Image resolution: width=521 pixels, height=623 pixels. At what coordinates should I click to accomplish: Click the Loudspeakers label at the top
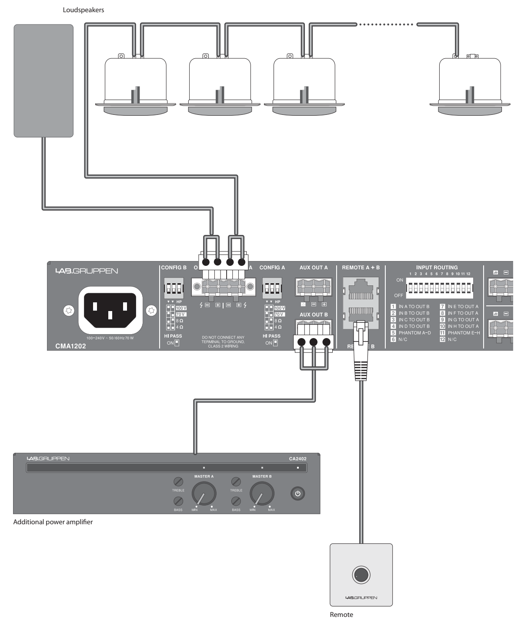(x=83, y=10)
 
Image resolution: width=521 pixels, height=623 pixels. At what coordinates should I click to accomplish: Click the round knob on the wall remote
(x=361, y=575)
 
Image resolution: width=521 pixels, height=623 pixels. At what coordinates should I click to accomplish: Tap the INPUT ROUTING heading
(x=437, y=268)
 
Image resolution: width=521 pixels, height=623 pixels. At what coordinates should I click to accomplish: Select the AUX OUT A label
(x=314, y=268)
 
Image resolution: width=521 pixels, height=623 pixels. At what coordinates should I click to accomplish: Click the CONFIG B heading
(x=174, y=268)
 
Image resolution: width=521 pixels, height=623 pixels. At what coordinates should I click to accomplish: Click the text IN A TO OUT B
(x=414, y=307)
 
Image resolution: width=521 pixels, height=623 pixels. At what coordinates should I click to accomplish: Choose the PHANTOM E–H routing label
(x=464, y=333)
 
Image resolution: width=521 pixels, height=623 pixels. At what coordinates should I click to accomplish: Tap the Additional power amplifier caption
(x=53, y=522)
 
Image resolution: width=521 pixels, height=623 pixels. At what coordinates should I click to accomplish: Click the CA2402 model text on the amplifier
(x=297, y=458)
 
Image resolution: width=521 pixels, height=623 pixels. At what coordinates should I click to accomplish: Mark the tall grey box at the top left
(x=43, y=81)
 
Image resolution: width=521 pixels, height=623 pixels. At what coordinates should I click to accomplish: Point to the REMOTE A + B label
(x=361, y=268)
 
